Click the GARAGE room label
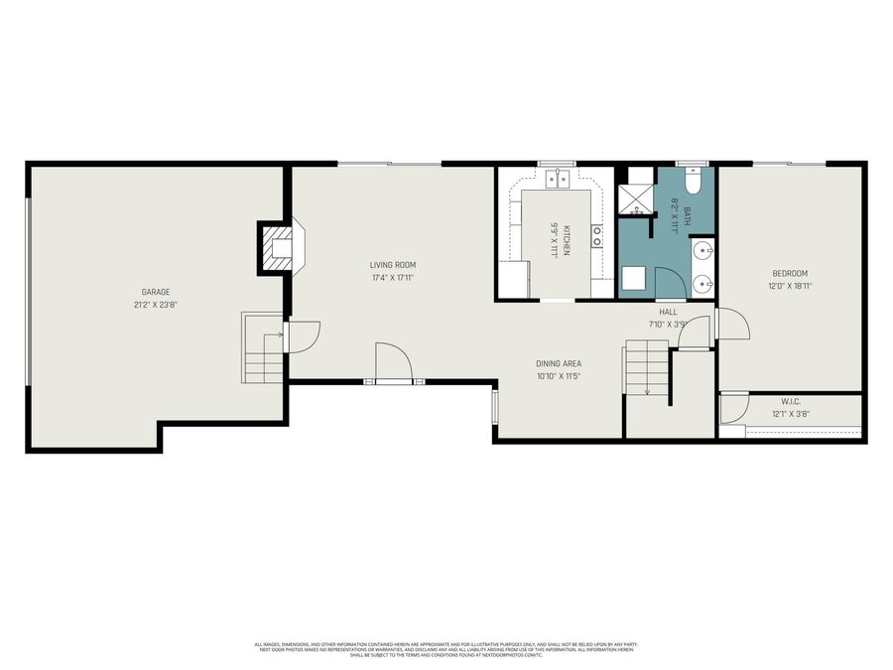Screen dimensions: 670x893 [155, 292]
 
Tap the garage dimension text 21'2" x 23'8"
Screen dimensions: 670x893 [155, 305]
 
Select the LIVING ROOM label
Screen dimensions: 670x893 [392, 265]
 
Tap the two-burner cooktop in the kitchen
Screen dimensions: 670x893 [598, 235]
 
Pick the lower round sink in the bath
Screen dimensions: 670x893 [703, 283]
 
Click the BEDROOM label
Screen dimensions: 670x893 [790, 273]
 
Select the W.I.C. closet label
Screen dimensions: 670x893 [790, 402]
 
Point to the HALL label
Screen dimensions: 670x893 [668, 312]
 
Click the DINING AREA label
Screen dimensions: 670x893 [558, 363]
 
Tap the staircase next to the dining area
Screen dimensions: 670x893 [646, 367]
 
